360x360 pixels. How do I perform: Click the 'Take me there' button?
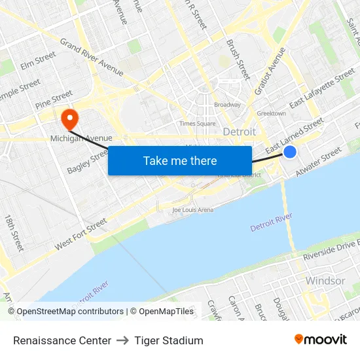pos(180,160)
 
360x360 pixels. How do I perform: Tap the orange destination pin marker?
pos(69,118)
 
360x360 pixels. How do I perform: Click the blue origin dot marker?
pos(290,152)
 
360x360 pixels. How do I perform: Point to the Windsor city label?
pos(325,281)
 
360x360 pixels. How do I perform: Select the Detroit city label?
pos(240,132)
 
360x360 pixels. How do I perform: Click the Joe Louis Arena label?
pos(192,210)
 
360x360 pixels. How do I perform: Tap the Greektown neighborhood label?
pos(271,113)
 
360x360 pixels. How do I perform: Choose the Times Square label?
pos(197,123)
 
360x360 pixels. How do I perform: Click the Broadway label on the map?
pos(227,105)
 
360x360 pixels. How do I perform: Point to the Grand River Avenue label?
pos(92,57)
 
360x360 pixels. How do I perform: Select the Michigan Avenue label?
pos(81,138)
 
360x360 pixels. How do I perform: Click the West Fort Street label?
pos(81,234)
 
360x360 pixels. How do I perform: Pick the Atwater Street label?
pos(319,162)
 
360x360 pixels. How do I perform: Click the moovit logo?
pos(320,340)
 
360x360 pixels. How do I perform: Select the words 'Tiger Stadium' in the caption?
pos(169,340)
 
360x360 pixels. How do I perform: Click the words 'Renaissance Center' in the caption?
pos(62,340)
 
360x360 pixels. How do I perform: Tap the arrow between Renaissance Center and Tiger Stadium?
pos(122,340)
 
